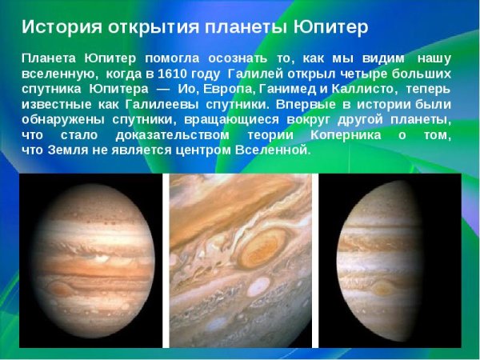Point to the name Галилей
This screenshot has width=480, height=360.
click(x=254, y=73)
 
